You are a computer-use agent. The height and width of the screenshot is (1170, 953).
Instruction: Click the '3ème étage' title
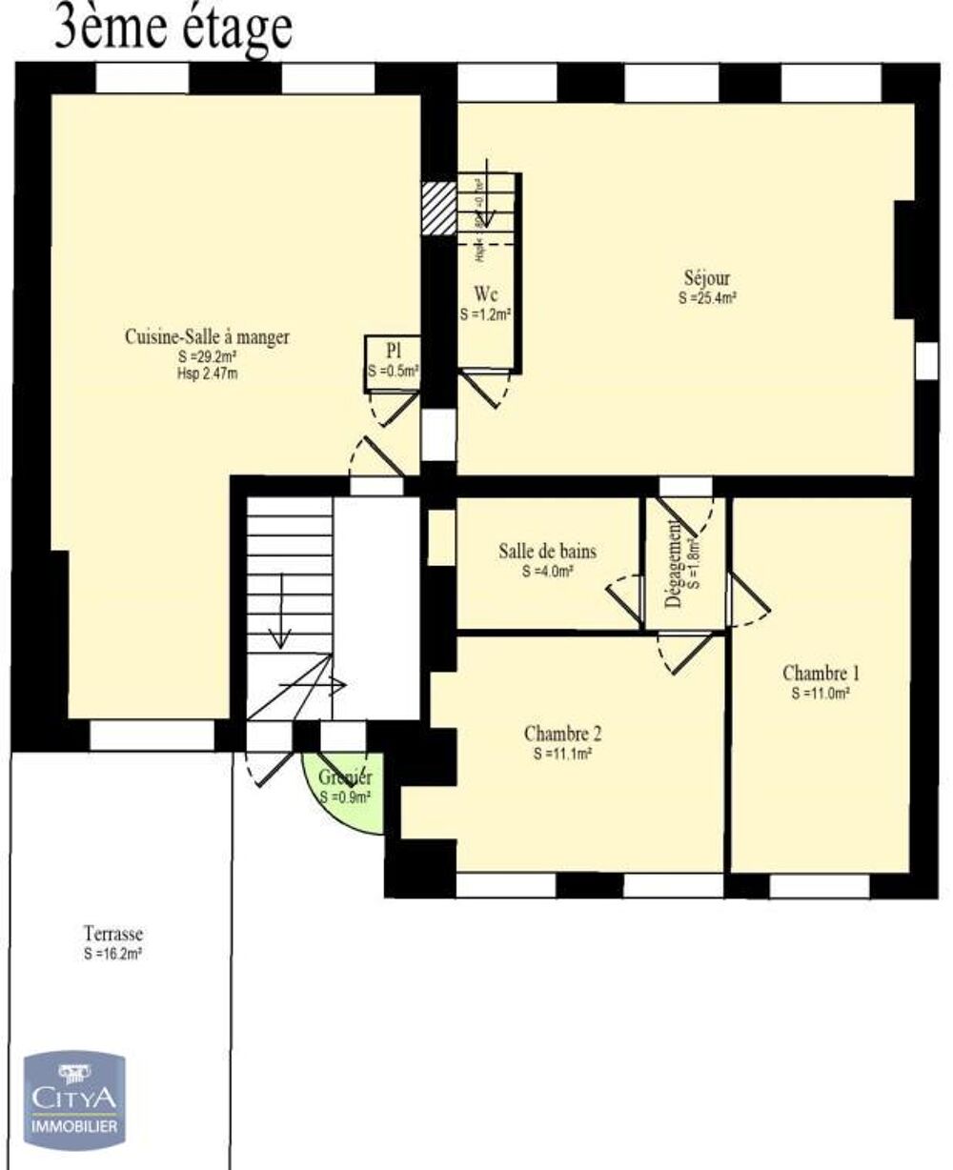click(172, 28)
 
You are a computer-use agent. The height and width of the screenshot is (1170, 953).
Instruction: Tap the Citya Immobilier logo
click(74, 1097)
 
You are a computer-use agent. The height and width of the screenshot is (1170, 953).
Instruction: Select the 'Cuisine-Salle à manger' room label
click(207, 337)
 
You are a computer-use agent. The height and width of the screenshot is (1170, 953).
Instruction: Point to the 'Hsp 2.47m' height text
click(207, 373)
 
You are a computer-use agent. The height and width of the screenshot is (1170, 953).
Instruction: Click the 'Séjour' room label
click(706, 279)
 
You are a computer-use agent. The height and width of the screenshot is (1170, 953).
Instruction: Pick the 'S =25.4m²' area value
click(706, 297)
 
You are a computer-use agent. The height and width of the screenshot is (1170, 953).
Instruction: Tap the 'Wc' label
click(486, 293)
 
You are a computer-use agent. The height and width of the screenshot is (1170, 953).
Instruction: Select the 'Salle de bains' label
click(547, 552)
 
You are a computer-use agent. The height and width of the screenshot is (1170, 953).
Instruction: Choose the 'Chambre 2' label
click(562, 735)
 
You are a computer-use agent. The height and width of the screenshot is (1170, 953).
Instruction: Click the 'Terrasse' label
click(112, 934)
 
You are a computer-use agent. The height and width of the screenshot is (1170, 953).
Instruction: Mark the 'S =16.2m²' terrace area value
click(112, 952)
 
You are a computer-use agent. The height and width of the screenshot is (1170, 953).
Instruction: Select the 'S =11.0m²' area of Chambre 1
click(820, 694)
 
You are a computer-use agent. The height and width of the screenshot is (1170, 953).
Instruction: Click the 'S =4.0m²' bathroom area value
click(547, 572)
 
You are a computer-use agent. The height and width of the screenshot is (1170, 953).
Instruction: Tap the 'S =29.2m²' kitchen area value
click(207, 356)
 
